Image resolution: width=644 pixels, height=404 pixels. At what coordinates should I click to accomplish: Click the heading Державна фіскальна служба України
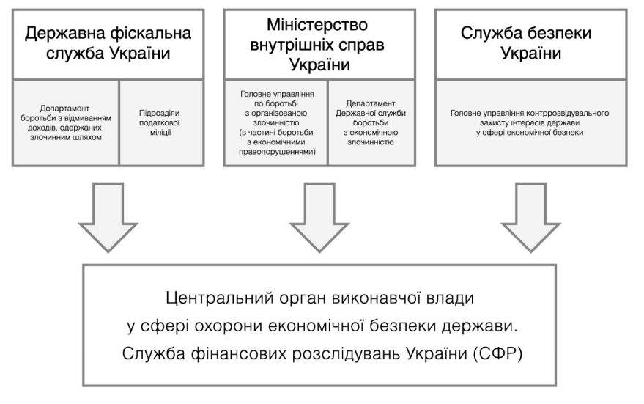pos(108,44)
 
